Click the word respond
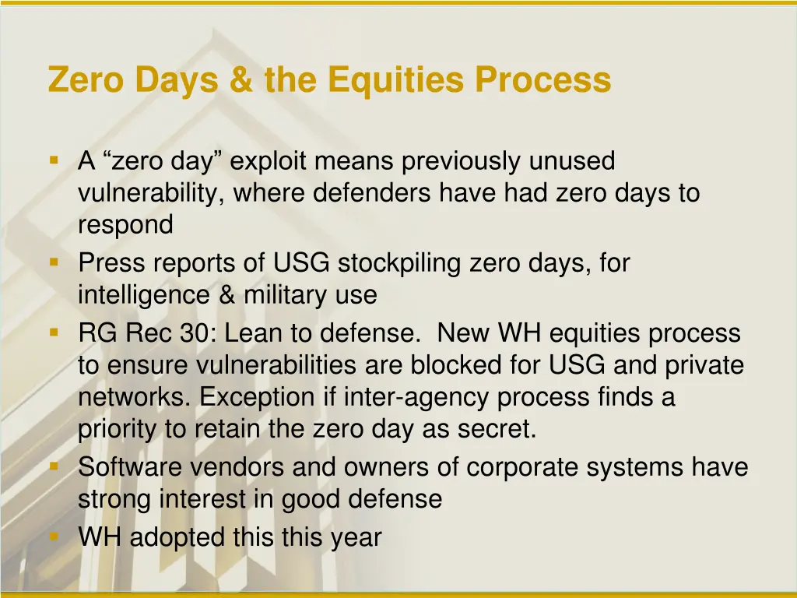click(125, 226)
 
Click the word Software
click(131, 467)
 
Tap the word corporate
click(520, 467)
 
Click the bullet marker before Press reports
click(54, 262)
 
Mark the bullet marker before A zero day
click(54, 160)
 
